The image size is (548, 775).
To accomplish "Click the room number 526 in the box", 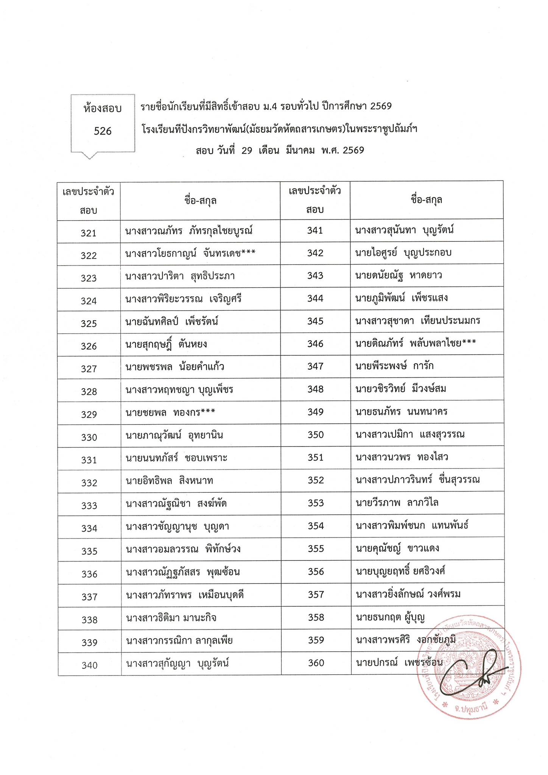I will (103, 131).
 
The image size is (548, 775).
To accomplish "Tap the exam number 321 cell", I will (89, 233).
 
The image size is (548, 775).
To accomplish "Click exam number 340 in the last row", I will (89, 665).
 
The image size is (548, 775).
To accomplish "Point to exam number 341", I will (315, 230).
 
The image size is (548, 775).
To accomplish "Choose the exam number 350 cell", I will (316, 434).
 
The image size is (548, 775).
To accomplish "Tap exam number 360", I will (316, 663).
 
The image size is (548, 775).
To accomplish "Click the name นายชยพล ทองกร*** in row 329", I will (170, 412).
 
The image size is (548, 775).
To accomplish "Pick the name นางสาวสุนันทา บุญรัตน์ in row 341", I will (404, 230).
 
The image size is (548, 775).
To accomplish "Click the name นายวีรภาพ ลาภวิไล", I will (397, 503).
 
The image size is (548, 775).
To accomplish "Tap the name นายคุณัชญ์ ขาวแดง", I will (397, 548).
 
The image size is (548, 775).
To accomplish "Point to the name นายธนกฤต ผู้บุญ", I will (390, 617).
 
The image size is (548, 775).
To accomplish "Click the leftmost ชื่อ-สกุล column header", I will (201, 200).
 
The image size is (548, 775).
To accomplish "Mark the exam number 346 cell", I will (315, 344).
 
